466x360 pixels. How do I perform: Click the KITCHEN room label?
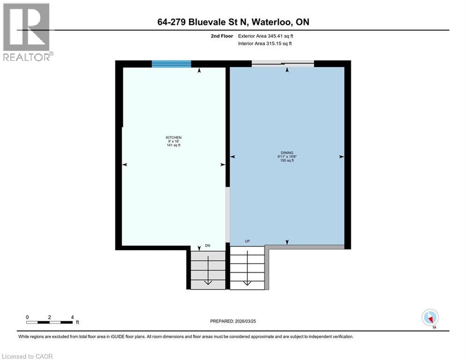[173, 137]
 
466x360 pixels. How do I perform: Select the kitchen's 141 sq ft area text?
[173, 145]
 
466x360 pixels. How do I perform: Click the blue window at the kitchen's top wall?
[171, 64]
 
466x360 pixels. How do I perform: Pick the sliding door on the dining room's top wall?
[282, 64]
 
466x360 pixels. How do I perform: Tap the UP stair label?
[247, 241]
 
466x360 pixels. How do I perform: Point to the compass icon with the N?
[429, 317]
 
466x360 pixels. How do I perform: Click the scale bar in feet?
[50, 322]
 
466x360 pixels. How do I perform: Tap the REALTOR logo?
[27, 32]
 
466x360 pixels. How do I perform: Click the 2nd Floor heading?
[222, 36]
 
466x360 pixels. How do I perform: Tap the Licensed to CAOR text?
[28, 356]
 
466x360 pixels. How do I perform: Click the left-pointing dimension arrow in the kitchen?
[125, 165]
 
